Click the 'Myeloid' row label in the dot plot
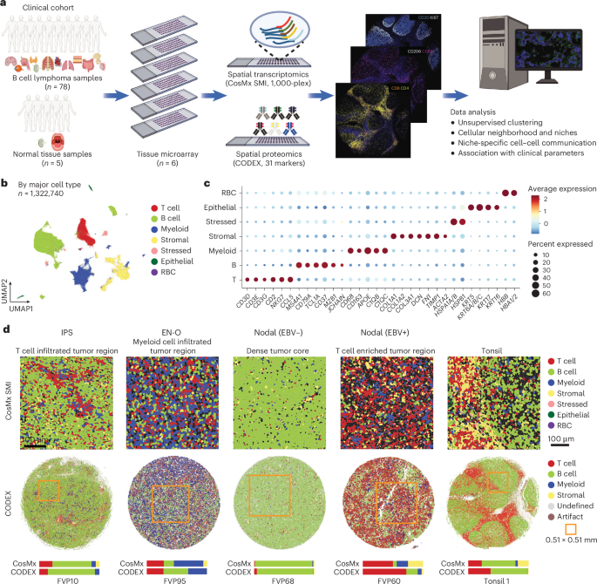pyautogui.click(x=223, y=249)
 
